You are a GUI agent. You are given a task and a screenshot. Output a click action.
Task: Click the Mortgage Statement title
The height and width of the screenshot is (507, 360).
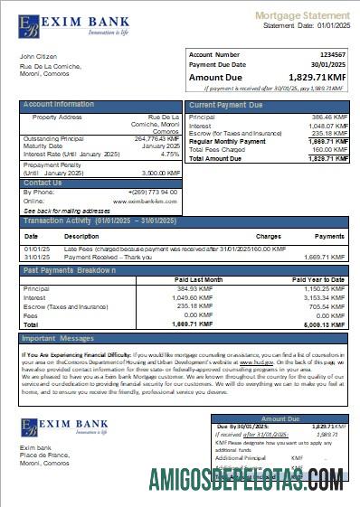click(x=301, y=15)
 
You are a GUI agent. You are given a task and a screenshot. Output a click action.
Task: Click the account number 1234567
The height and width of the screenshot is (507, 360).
click(x=328, y=55)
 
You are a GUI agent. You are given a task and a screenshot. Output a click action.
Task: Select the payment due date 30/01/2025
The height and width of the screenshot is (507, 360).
click(x=327, y=65)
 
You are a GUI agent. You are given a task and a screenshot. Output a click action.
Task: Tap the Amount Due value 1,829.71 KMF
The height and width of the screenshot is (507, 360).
click(x=316, y=79)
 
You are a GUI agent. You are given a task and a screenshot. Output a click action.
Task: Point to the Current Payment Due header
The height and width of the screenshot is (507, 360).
click(x=225, y=105)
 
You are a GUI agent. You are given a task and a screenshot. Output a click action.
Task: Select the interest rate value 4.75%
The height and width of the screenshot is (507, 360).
click(x=170, y=154)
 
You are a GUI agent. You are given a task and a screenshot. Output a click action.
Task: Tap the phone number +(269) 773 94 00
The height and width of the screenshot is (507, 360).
click(x=153, y=192)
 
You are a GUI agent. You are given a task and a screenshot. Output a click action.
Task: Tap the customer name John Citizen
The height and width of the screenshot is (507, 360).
click(x=37, y=57)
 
